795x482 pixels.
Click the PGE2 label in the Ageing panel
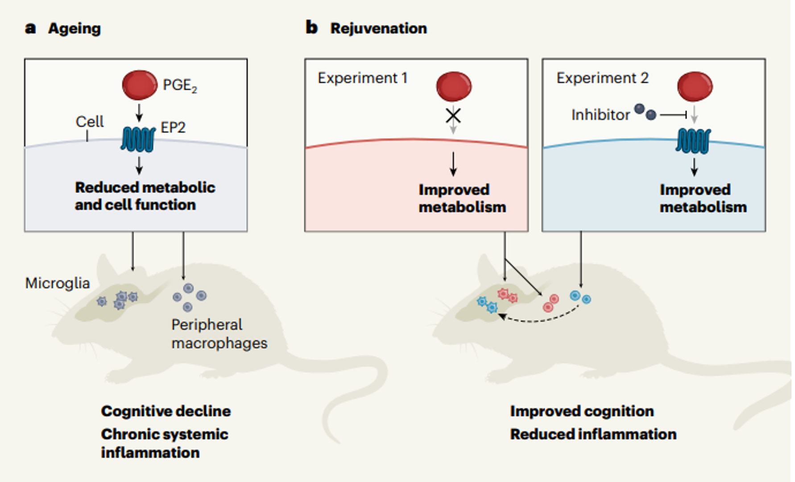(x=179, y=85)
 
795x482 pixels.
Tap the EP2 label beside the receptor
(x=173, y=128)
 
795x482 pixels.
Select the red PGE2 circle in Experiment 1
(x=454, y=86)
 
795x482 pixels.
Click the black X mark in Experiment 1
(x=453, y=116)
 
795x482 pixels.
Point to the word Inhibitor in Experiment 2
(x=600, y=115)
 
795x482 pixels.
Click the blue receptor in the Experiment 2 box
(x=693, y=141)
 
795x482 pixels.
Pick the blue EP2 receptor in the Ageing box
(x=138, y=139)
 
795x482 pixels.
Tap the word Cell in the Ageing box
(x=89, y=121)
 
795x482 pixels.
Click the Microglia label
(x=57, y=283)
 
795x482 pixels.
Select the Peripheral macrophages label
(x=219, y=334)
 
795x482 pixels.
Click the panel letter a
(x=30, y=28)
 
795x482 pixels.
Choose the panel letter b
(x=311, y=28)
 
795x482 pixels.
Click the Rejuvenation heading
(x=378, y=29)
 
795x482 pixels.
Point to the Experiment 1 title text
(x=362, y=78)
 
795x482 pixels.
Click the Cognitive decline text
(x=166, y=411)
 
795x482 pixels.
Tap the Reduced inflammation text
(x=593, y=434)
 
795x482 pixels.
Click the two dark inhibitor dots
(x=645, y=112)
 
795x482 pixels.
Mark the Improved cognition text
(x=582, y=411)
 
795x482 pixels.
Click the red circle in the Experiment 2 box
(x=695, y=86)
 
